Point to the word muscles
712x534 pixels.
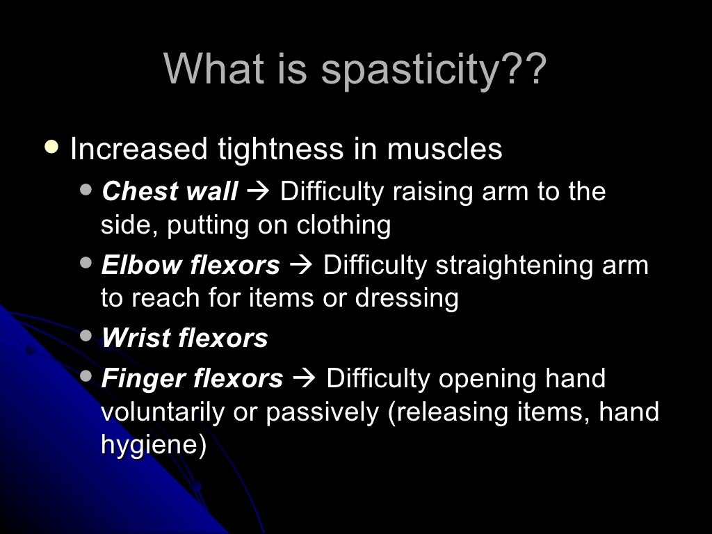click(x=444, y=149)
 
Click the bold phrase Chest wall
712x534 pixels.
click(x=170, y=191)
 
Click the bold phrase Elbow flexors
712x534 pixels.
click(x=191, y=265)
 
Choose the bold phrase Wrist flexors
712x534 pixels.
click(x=184, y=339)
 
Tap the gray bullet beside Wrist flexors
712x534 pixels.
click(x=86, y=337)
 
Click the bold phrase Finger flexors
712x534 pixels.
click(x=192, y=379)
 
